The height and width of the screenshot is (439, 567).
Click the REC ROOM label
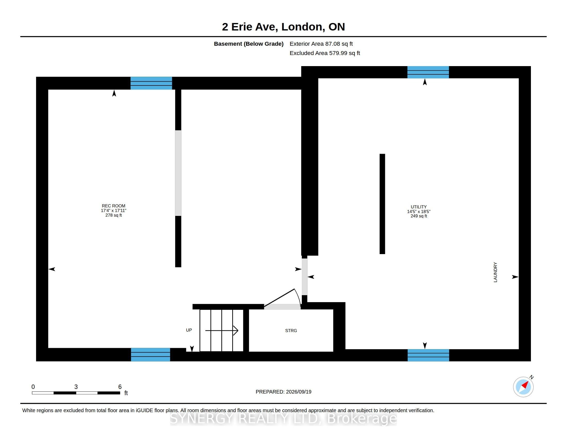113,206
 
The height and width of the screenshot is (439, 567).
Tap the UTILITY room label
419,207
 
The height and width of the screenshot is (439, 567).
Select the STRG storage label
291,331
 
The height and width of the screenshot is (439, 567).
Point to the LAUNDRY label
495,272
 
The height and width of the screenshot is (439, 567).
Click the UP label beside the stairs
189,330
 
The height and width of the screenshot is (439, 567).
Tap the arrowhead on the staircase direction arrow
236,331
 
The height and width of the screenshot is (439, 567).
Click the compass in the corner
523,387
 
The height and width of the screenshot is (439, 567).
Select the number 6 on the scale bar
120,387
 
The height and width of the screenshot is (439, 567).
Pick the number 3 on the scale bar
76,387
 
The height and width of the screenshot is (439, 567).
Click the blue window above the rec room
151,83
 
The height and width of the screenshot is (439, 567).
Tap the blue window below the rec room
151,355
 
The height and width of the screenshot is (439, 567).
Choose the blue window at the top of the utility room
428,72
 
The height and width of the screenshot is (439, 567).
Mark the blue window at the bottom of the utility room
428,355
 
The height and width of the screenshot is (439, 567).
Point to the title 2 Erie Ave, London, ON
283,27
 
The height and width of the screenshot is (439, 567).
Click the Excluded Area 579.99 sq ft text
325,53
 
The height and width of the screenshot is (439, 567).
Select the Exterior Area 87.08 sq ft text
321,44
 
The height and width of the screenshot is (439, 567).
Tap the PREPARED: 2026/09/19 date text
283,392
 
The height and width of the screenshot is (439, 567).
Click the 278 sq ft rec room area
113,215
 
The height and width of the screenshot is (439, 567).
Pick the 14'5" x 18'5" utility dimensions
419,211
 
